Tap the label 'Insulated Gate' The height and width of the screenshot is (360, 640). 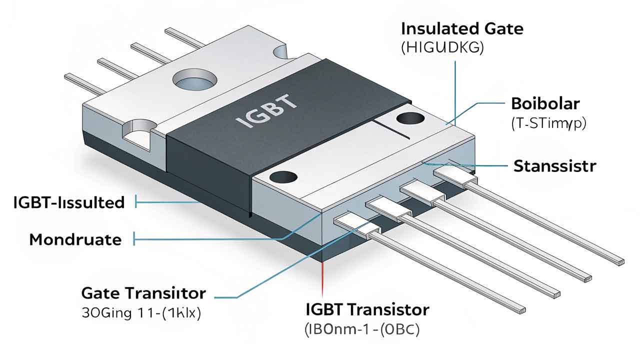[x=462, y=28]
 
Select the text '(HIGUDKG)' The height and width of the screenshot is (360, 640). [x=442, y=48]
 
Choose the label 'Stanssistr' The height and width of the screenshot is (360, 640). [x=555, y=166]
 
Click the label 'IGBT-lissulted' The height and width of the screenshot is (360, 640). [x=69, y=202]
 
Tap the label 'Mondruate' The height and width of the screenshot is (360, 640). [x=75, y=240]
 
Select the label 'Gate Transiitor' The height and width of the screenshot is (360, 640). [x=143, y=293]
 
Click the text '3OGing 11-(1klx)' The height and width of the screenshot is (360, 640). [x=140, y=314]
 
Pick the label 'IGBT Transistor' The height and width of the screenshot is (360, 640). [x=367, y=310]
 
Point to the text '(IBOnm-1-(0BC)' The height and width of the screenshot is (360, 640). [x=362, y=330]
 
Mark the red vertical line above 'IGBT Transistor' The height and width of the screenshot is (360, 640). [x=323, y=277]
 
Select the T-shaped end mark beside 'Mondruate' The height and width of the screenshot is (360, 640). [x=135, y=240]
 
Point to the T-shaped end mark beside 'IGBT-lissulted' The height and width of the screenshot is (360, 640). [x=137, y=202]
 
